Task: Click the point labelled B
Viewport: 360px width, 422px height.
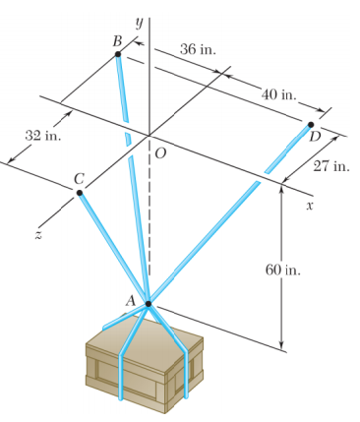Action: pos(118,54)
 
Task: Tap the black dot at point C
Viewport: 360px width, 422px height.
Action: pos(81,192)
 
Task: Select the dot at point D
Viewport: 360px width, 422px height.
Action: pos(311,125)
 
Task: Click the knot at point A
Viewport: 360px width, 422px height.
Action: pos(149,304)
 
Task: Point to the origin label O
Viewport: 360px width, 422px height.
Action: pos(160,152)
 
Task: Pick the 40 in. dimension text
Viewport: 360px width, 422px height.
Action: pos(280,93)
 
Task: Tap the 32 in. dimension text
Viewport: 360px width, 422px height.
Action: pos(42,135)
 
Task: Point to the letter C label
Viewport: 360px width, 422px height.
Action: pos(79,177)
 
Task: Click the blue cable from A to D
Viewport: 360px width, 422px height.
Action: pos(226,217)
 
